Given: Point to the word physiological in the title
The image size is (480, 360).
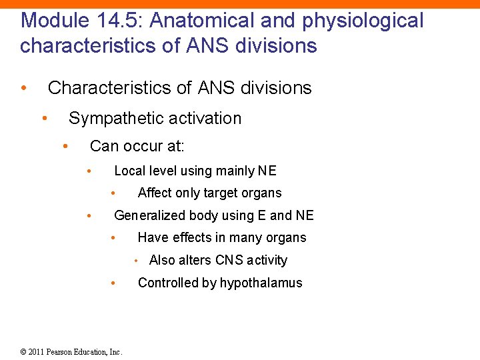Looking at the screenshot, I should point(363,21).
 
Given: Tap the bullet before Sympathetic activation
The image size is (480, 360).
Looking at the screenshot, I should point(44,118).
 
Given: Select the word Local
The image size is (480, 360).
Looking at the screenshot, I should point(129,171).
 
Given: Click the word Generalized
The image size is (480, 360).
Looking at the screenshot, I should point(151,215).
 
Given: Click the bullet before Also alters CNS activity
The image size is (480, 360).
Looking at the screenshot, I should point(137,261).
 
